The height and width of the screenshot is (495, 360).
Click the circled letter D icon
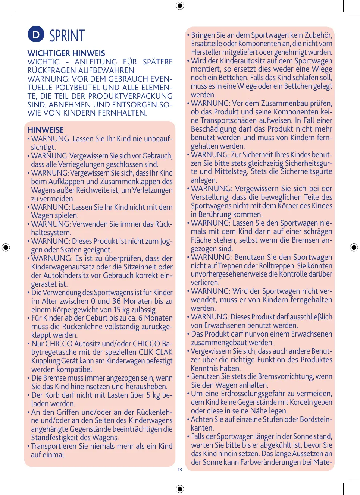[36, 35]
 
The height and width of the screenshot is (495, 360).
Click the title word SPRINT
[67, 36]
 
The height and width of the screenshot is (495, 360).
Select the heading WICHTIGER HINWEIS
[66, 53]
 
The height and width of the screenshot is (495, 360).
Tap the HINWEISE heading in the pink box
[46, 130]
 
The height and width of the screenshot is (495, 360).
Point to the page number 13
[180, 470]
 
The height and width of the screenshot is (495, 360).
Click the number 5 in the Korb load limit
[148, 395]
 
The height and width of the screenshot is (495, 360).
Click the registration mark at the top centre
[180, 6]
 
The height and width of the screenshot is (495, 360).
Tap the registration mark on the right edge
[354, 247]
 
